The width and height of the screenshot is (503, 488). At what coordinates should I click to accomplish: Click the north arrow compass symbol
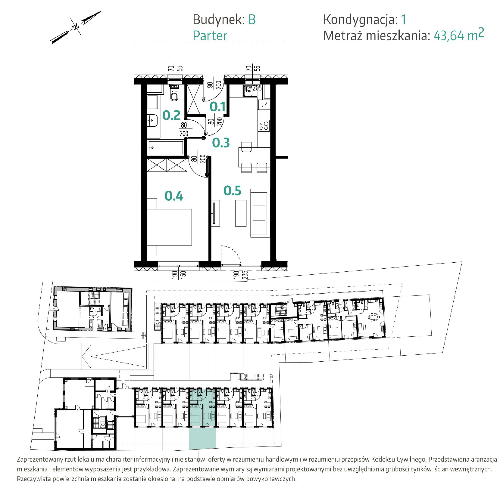(76, 27)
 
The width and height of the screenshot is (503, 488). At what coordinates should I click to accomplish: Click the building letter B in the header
(252, 20)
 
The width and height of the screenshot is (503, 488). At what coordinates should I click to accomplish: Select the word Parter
(210, 36)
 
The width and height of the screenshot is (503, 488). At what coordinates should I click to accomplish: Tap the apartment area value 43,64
(449, 36)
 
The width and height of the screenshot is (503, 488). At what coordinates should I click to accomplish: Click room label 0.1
(217, 107)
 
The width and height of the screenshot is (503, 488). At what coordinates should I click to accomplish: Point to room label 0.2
(171, 115)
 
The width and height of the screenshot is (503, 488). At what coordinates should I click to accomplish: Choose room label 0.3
(221, 143)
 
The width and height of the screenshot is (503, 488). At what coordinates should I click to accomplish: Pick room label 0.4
(174, 196)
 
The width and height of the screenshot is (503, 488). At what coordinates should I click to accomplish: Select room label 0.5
(232, 191)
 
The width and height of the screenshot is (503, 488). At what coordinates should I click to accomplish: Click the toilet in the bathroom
(174, 93)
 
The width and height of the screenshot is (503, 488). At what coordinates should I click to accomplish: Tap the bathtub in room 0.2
(165, 148)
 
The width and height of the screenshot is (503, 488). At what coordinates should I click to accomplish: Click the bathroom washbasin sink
(153, 121)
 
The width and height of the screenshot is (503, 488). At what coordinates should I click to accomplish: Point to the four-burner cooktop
(264, 125)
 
